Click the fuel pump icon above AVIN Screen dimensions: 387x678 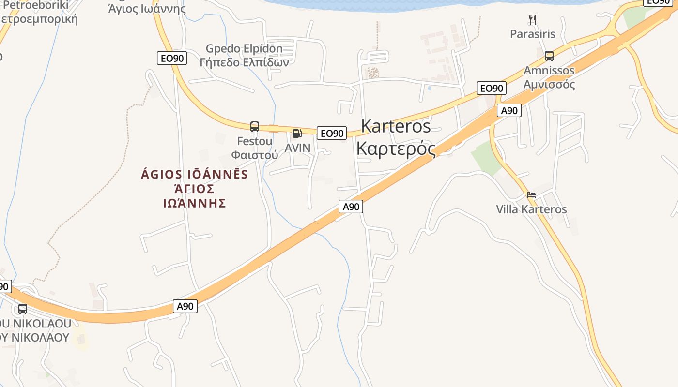[297, 134]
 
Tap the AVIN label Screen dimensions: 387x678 [297, 148]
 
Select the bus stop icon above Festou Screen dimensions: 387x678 [255, 127]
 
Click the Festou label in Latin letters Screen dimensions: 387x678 [255, 141]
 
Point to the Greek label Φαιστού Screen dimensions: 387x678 [255, 155]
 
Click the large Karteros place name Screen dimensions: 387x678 [396, 126]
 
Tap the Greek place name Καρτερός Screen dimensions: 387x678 [396, 148]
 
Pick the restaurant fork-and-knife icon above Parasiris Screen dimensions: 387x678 [533, 20]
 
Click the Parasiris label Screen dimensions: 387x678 [533, 34]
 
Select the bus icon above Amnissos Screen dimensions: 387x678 [549, 56]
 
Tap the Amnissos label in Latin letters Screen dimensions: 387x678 [549, 71]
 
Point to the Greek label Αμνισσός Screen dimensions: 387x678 [549, 85]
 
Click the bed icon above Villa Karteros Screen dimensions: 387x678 [531, 195]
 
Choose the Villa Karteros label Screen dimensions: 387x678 [531, 209]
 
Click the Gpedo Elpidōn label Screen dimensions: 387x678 [244, 49]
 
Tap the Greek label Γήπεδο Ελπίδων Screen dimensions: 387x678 [244, 62]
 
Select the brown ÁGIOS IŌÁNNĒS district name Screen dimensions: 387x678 [194, 175]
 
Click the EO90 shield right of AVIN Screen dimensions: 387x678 [332, 133]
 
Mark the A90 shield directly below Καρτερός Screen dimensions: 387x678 [351, 207]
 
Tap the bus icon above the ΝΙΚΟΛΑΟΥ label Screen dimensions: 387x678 [23, 309]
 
